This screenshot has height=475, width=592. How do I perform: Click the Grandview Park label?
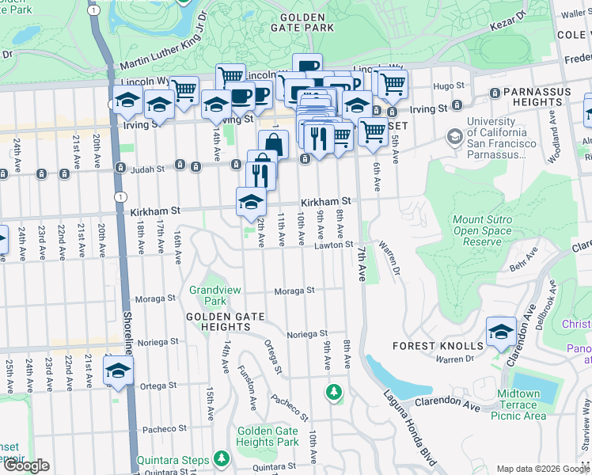209,296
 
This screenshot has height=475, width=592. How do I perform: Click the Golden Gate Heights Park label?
268,436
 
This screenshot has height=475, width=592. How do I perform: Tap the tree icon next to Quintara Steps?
222,459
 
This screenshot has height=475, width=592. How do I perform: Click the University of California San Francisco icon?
454,137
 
